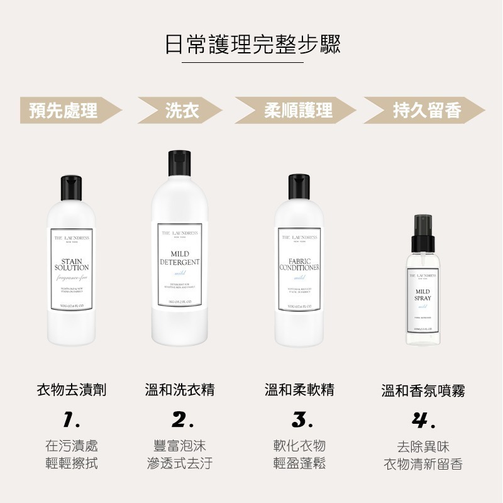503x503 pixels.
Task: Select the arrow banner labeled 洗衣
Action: click(180, 111)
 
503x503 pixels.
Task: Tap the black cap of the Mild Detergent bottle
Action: click(180, 165)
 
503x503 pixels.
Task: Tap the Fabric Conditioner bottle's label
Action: click(300, 270)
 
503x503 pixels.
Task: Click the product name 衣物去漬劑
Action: click(71, 390)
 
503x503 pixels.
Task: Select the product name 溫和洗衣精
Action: click(180, 390)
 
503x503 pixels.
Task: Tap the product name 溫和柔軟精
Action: click(300, 390)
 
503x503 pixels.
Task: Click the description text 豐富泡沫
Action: click(180, 446)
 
